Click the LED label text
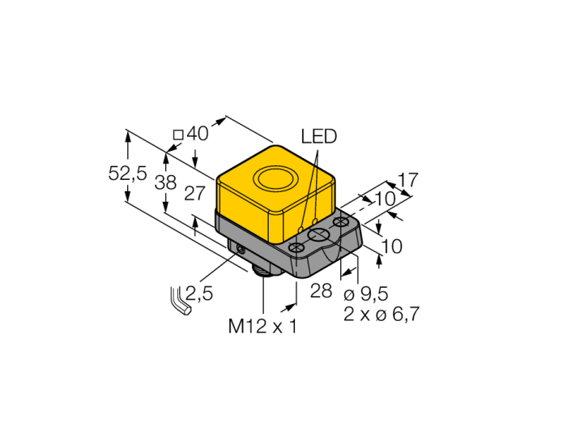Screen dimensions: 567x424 318,137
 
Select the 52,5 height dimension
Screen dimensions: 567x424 128,173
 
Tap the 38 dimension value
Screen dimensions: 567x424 165,182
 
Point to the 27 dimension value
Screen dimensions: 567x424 195,194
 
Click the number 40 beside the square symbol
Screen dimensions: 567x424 198,133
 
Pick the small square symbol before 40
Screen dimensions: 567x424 179,135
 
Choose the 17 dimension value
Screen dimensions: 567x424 407,180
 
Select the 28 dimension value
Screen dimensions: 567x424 321,290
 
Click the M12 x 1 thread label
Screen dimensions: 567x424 262,326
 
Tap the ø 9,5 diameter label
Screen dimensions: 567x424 365,294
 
